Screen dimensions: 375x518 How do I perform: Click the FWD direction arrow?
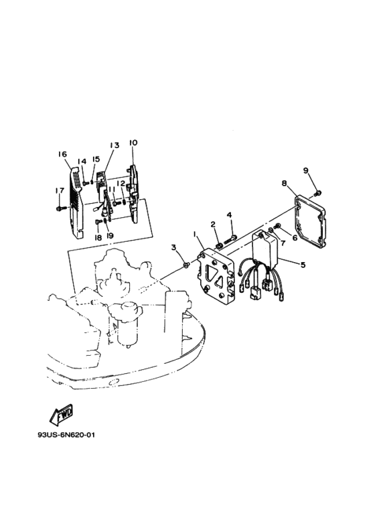point(62,413)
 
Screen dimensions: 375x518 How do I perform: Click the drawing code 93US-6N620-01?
point(66,435)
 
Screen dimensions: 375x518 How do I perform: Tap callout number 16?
point(62,154)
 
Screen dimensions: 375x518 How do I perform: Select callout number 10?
point(133,143)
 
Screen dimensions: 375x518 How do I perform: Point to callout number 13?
point(115,145)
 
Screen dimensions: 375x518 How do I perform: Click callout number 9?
point(305,170)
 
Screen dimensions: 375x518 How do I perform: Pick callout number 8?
point(284,183)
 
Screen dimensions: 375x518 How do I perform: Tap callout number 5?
point(303,264)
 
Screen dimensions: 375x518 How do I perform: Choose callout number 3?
point(173,247)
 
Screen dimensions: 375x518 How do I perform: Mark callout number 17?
point(60,190)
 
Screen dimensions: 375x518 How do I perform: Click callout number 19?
point(110,235)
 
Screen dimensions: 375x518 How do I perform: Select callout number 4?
point(230,215)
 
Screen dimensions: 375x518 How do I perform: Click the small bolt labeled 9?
point(319,192)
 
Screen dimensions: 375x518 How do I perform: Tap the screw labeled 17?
point(60,208)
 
